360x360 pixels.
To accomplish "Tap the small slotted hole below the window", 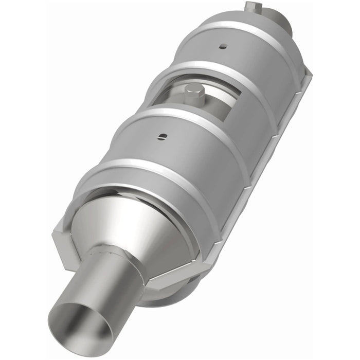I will (x=163, y=136).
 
